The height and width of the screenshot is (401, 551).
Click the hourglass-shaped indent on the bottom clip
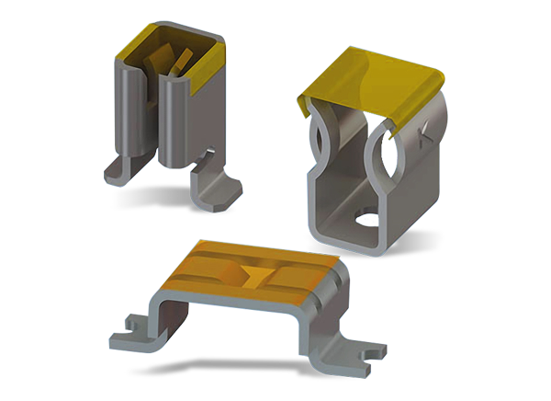(252, 273)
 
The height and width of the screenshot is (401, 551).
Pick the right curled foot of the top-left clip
(217, 189)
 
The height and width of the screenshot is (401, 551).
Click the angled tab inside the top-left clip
(183, 64)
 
